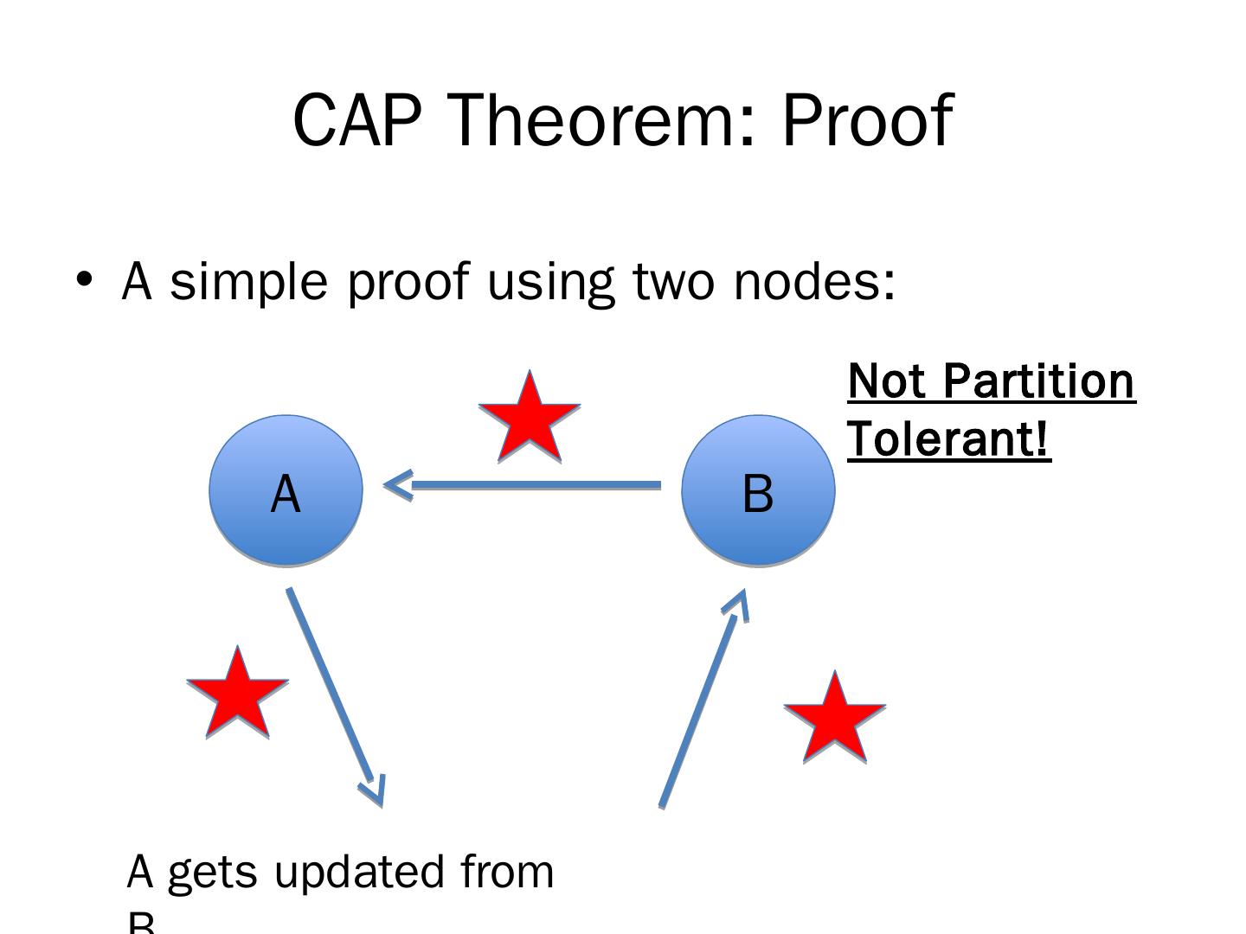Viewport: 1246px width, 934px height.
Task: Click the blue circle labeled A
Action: coord(286,490)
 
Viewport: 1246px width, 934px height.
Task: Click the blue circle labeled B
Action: coord(758,490)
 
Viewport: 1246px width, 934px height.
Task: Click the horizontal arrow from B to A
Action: coord(536,485)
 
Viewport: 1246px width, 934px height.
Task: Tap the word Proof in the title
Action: coord(866,120)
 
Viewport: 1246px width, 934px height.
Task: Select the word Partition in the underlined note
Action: coord(1037,381)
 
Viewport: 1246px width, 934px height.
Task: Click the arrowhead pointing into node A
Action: coord(396,485)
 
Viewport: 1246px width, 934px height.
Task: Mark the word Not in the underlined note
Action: coord(886,381)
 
